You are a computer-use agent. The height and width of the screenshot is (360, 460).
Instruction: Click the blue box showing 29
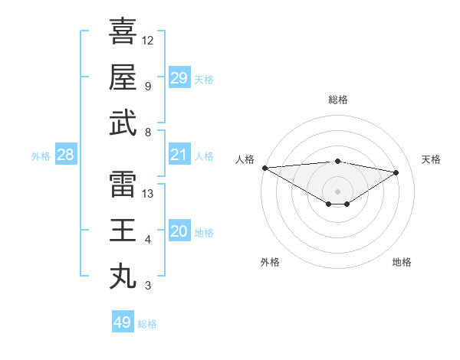179,78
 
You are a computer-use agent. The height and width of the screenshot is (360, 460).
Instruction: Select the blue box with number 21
179,155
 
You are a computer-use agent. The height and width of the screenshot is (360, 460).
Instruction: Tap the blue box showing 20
179,231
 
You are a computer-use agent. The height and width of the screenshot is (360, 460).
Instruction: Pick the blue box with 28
66,155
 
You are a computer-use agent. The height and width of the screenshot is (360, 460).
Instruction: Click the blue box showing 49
123,322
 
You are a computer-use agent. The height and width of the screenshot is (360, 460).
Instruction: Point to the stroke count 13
149,193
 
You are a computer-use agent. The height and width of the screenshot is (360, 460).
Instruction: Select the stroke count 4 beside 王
148,240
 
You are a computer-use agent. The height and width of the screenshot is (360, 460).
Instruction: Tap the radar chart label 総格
337,100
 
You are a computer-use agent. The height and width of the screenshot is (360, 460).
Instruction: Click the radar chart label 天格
431,159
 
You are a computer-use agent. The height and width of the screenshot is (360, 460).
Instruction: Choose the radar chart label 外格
270,262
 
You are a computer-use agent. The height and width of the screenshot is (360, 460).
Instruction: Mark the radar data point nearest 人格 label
264,167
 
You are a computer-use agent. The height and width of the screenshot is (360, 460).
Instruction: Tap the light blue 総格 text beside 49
147,324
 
